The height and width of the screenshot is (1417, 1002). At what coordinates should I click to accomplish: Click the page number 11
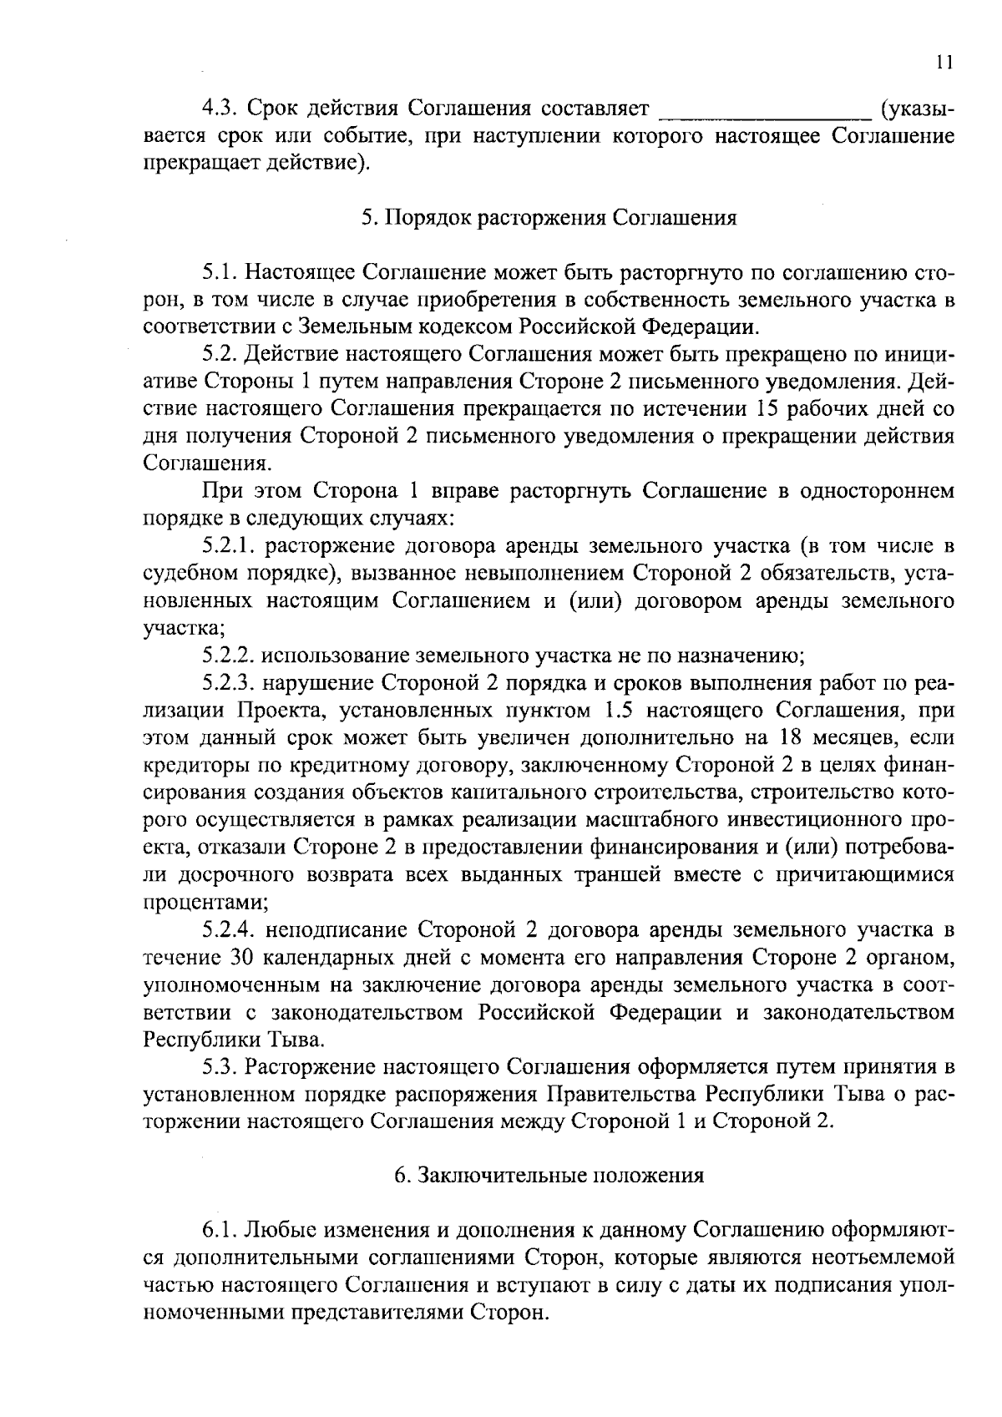click(944, 63)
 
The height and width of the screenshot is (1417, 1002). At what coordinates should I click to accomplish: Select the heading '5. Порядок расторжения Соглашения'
click(549, 218)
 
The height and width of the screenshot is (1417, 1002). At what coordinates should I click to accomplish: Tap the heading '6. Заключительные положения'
click(549, 1176)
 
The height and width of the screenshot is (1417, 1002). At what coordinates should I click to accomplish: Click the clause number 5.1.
click(220, 272)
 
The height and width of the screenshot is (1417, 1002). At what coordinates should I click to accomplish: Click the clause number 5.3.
click(220, 1066)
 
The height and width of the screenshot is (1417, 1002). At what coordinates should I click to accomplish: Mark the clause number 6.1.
click(220, 1231)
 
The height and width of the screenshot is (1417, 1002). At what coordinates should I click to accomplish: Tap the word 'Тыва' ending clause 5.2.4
click(292, 1040)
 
